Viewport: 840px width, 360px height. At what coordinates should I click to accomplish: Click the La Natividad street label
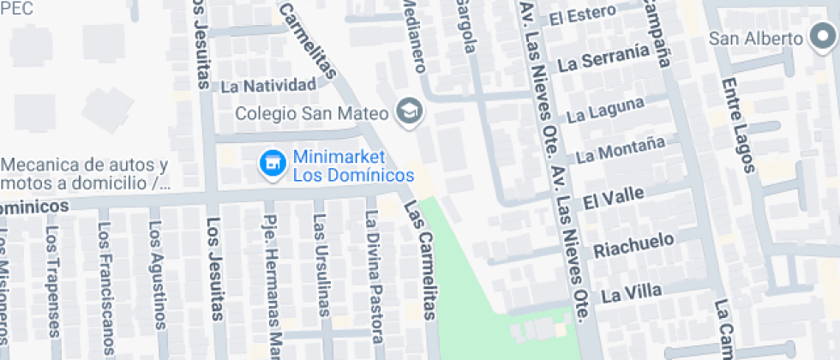point(268,87)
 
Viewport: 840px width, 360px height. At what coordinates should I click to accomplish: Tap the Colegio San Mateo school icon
point(409,111)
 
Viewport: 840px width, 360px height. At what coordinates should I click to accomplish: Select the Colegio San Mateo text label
point(313,113)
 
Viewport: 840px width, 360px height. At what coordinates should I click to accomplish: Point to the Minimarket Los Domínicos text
point(353,166)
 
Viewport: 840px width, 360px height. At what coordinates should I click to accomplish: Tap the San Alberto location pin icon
point(821,39)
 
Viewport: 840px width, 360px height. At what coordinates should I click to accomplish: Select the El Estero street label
point(583,16)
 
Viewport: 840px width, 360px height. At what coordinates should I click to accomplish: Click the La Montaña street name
point(621,151)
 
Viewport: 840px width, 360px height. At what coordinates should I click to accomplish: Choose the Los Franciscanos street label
point(105,287)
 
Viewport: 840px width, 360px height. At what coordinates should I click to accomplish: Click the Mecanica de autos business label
point(84,173)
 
